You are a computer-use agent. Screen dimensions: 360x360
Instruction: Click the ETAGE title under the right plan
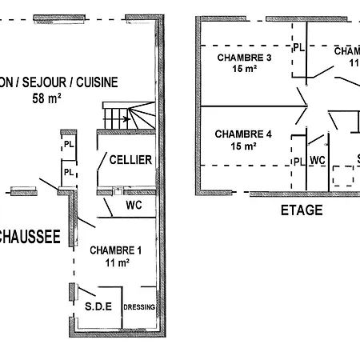pyautogui.click(x=302, y=211)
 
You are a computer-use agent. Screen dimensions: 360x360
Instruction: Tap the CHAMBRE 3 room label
pyautogui.click(x=243, y=58)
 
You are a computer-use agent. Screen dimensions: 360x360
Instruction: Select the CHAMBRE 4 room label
pyautogui.click(x=243, y=134)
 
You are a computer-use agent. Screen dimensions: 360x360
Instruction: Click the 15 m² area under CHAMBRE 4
pyautogui.click(x=243, y=146)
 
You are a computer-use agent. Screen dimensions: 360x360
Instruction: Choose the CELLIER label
pyautogui.click(x=130, y=160)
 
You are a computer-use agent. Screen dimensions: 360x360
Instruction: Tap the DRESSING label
pyautogui.click(x=139, y=307)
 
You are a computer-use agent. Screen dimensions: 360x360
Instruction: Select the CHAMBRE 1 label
pyautogui.click(x=116, y=250)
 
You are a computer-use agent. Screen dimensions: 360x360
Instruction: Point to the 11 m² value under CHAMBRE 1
pyautogui.click(x=117, y=262)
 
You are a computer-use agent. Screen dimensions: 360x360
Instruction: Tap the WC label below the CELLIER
pyautogui.click(x=134, y=205)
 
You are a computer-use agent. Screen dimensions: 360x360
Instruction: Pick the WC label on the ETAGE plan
pyautogui.click(x=318, y=161)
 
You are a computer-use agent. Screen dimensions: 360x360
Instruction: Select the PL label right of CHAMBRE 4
pyautogui.click(x=298, y=162)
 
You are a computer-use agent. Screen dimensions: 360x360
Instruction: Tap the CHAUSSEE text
pyautogui.click(x=30, y=236)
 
